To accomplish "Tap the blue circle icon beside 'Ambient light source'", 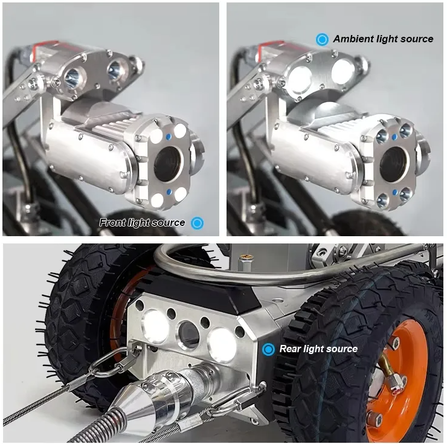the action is pyautogui.click(x=322, y=39).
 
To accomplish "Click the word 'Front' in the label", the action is pyautogui.click(x=112, y=222).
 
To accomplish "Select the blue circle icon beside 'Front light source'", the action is pyautogui.click(x=198, y=223).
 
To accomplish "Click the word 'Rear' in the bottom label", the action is pyautogui.click(x=289, y=349).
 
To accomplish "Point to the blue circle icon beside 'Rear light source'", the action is pyautogui.click(x=268, y=349).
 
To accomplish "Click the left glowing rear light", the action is pyautogui.click(x=156, y=327).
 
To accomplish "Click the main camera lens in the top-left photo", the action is pyautogui.click(x=167, y=164).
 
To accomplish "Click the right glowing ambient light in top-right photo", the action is pyautogui.click(x=342, y=71).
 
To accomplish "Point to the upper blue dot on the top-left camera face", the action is pyautogui.click(x=169, y=137).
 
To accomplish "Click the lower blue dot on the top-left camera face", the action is pyautogui.click(x=169, y=191).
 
